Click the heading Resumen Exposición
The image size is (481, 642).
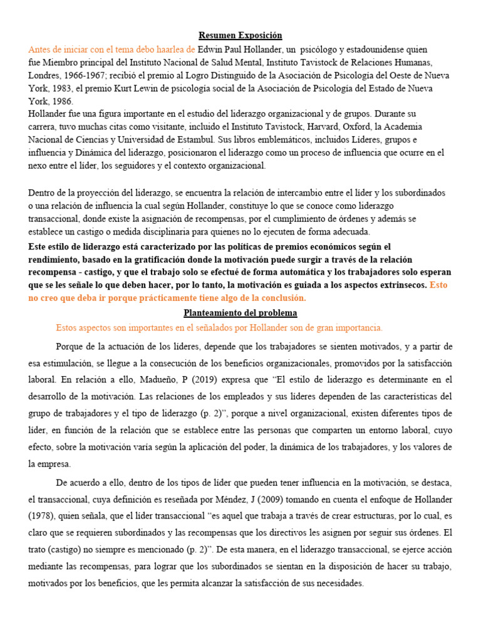pyautogui.click(x=240, y=36)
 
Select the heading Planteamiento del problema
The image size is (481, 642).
pyautogui.click(x=240, y=312)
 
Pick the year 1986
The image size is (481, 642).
pyautogui.click(x=61, y=102)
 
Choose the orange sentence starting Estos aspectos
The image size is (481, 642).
pyautogui.click(x=219, y=328)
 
